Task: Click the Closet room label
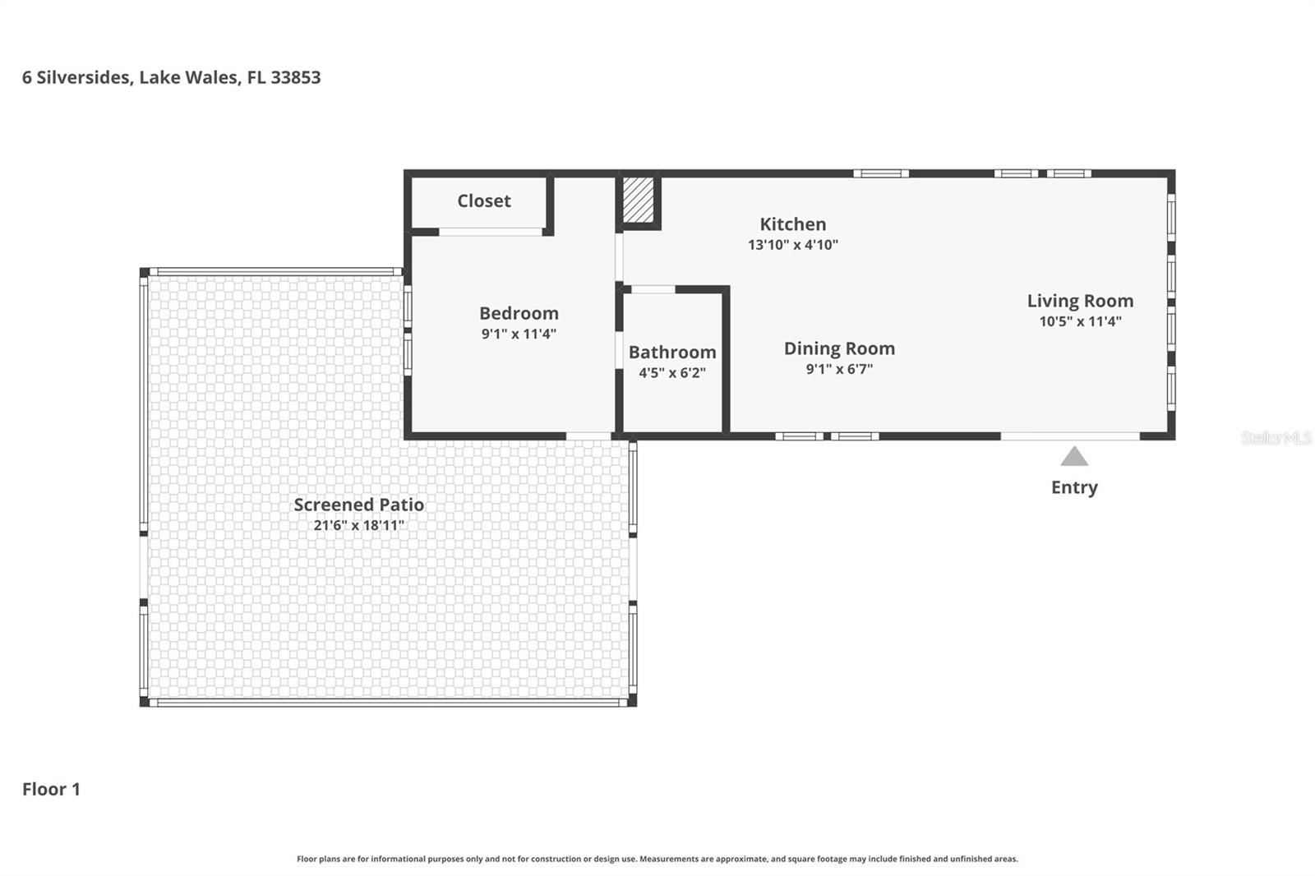(x=483, y=201)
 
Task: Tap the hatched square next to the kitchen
(x=638, y=200)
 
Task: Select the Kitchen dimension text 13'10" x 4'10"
(x=792, y=245)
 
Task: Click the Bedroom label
(x=519, y=313)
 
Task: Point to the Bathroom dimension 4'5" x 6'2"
(x=671, y=373)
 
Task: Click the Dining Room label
(x=839, y=348)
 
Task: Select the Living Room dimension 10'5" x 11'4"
(x=1080, y=321)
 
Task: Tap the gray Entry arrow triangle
(x=1074, y=457)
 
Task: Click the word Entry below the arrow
(x=1074, y=487)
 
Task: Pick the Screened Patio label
(x=359, y=505)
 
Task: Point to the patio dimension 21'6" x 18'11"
(x=359, y=525)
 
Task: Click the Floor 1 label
(x=51, y=789)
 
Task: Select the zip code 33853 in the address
(x=296, y=77)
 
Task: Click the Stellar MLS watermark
(x=1276, y=438)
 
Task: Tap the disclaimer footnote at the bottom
(x=657, y=859)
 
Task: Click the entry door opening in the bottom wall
(x=1070, y=436)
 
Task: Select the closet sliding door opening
(x=491, y=233)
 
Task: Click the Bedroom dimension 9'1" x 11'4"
(x=519, y=334)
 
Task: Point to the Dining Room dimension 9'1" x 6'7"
(x=839, y=370)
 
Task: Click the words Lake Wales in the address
(x=189, y=77)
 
